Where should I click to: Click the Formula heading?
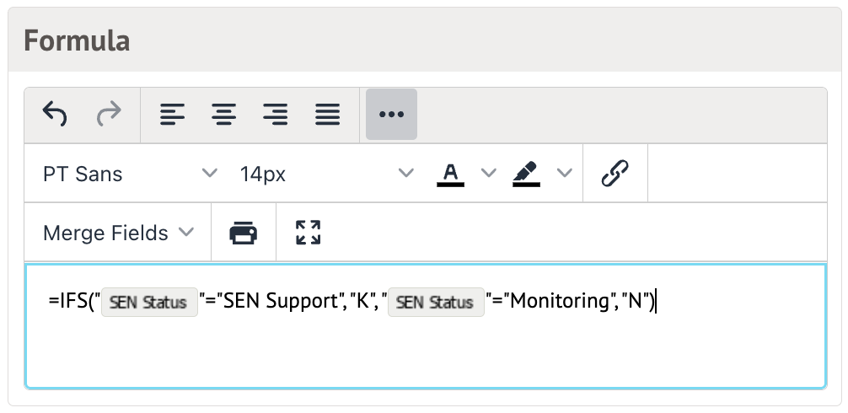pos(77,40)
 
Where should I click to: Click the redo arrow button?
pos(108,114)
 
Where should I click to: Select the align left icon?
pos(172,114)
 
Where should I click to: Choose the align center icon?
pos(223,114)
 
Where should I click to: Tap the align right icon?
pos(275,114)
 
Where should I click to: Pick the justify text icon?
pos(327,114)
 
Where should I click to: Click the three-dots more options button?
pos(391,114)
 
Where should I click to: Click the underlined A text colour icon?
pos(451,174)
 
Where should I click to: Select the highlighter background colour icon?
pos(527,174)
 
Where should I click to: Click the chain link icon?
pos(615,174)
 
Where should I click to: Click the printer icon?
pos(244,233)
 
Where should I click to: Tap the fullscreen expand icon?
pos(309,233)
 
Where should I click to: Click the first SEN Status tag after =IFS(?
pos(149,303)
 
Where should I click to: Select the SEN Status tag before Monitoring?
pos(435,303)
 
